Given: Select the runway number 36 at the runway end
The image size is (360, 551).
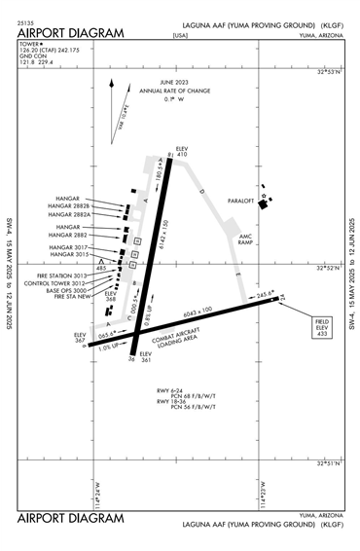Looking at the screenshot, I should click(131, 359).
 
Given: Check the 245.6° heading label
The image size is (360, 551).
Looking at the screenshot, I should click(266, 293).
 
